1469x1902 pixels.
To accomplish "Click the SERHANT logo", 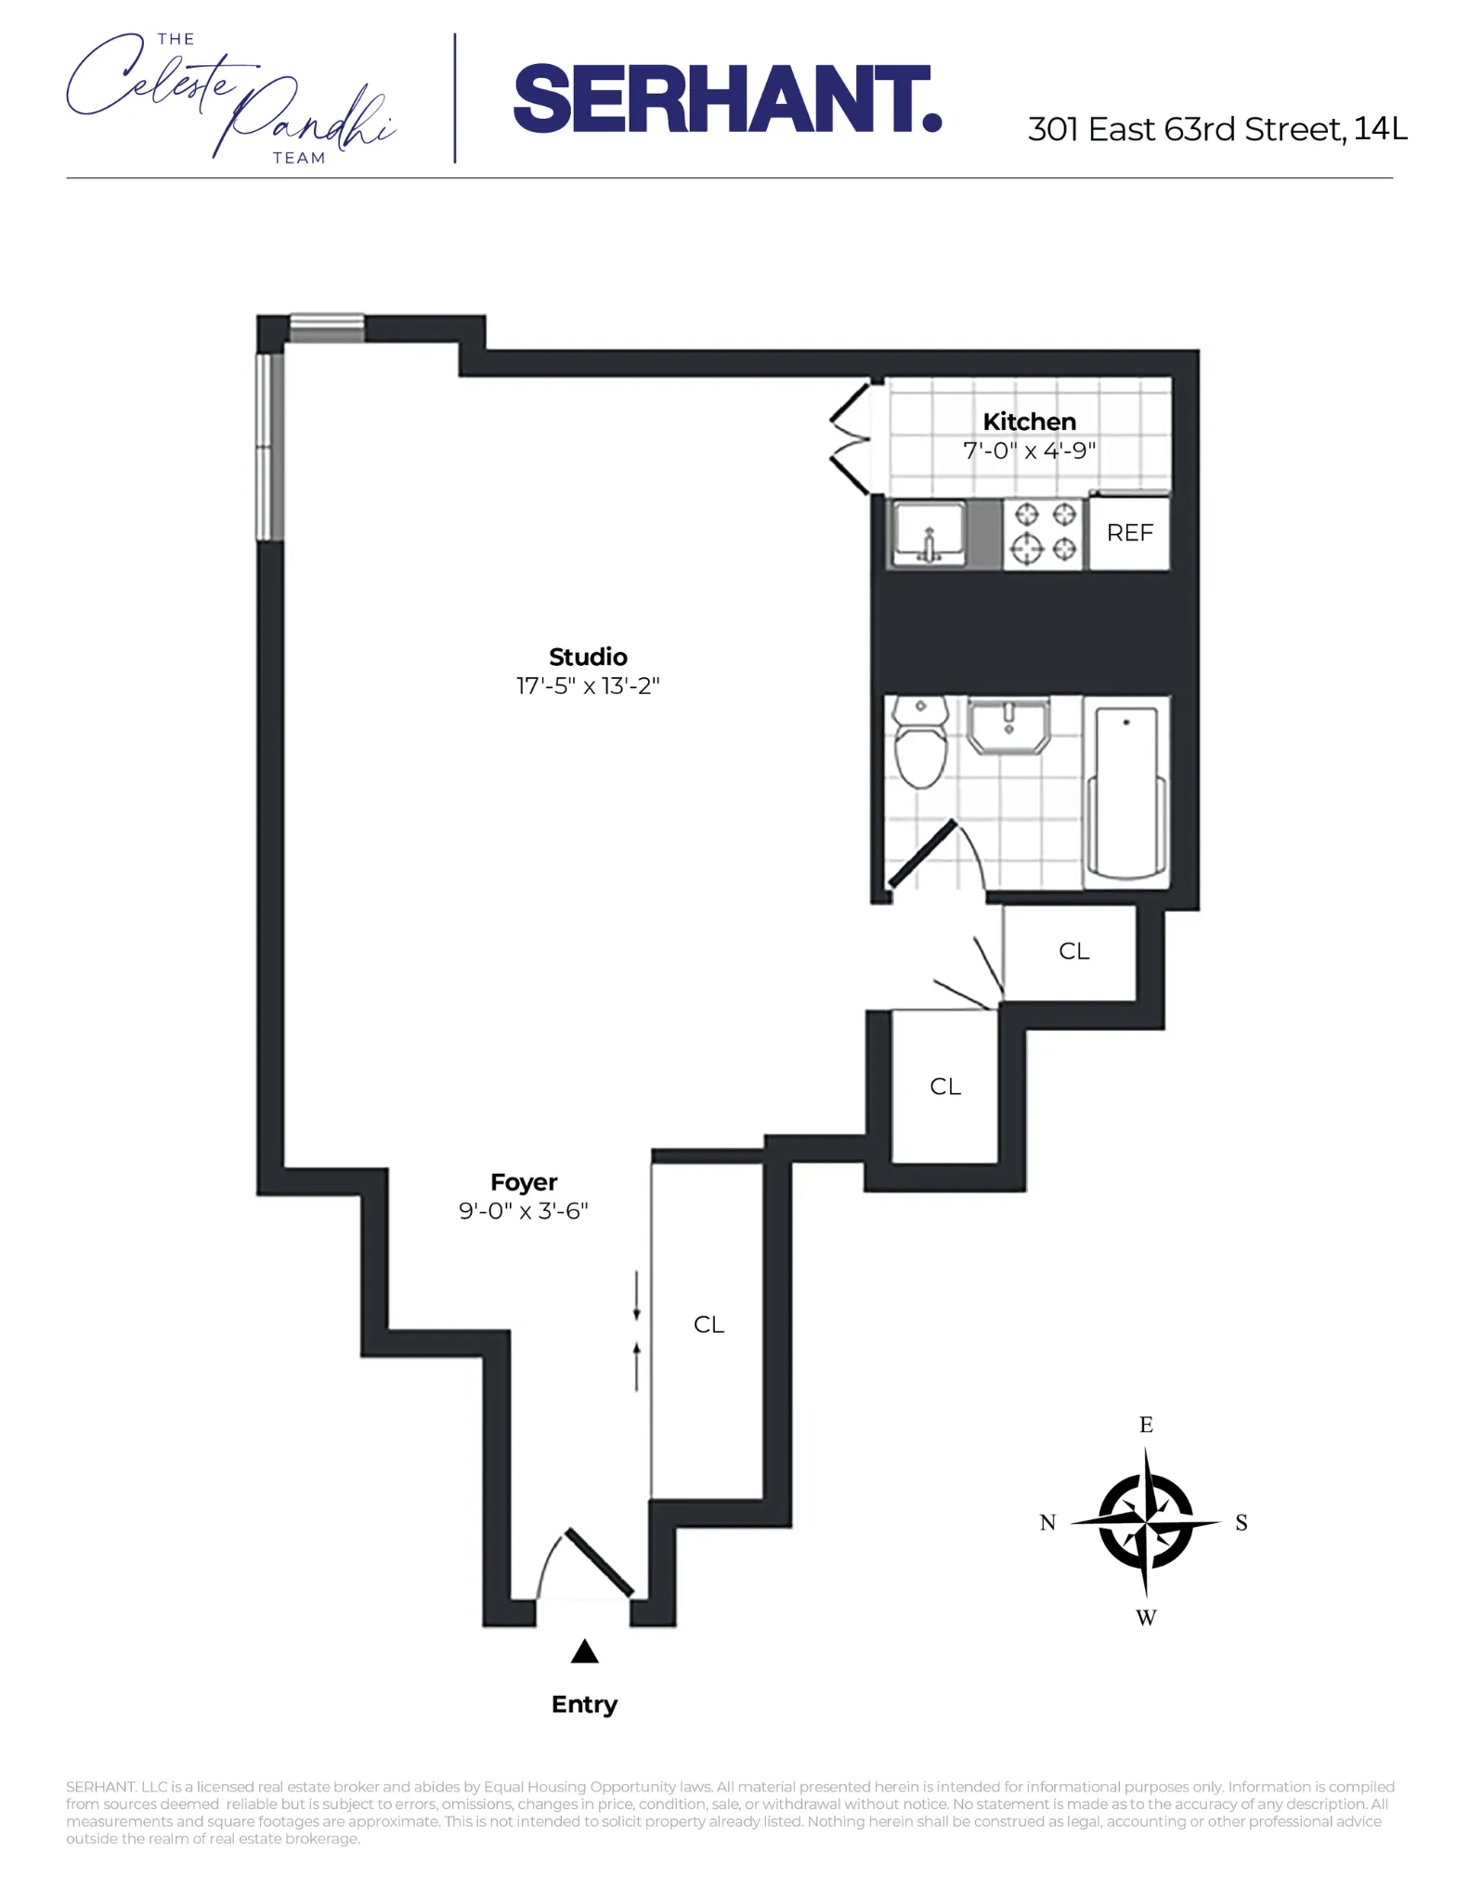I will coord(727,98).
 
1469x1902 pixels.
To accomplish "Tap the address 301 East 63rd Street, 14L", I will coord(1216,129).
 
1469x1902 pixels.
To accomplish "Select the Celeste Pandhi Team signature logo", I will coord(230,98).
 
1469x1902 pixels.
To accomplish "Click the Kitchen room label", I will coord(1029,422).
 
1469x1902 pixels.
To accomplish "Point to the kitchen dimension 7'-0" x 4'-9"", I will coord(1029,451).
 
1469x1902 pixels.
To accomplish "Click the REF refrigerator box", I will coord(1129,533).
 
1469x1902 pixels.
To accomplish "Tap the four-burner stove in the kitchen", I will coord(1044,532).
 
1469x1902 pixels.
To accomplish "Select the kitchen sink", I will coord(929,533).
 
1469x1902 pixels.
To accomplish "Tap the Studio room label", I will coord(588,658).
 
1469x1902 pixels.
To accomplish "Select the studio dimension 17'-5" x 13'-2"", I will coord(588,686).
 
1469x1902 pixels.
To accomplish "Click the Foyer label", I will coord(524,1182).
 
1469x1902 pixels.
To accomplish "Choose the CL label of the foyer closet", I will coord(708,1325).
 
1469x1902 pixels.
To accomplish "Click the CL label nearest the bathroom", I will coord(1073,951).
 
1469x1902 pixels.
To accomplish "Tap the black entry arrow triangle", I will coord(584,1651).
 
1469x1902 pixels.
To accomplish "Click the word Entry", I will coord(584,1704).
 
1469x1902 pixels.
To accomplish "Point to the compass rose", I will coord(1146,1522).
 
